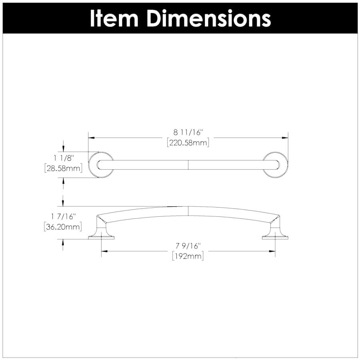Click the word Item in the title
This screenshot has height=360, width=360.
click(114, 18)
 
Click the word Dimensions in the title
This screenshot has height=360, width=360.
click(209, 18)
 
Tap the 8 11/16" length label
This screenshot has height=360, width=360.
click(188, 132)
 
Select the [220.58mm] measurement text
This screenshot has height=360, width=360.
click(188, 143)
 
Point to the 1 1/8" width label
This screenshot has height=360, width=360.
click(64, 158)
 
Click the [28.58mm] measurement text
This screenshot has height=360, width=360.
click(63, 168)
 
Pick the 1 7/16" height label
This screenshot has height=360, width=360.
click(63, 216)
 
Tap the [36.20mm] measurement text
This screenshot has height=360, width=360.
click(63, 227)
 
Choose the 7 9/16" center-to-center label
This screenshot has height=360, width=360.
click(188, 246)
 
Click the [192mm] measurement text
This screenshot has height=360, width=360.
click(188, 256)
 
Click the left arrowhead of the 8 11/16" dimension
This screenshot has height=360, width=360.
click(91, 138)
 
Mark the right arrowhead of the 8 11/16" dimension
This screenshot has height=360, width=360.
click(285, 138)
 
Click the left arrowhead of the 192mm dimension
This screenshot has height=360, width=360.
click(104, 251)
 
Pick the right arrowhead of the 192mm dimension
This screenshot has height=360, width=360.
click(272, 251)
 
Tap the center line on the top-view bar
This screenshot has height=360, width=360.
click(188, 165)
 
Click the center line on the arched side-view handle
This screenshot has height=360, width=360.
click(188, 211)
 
